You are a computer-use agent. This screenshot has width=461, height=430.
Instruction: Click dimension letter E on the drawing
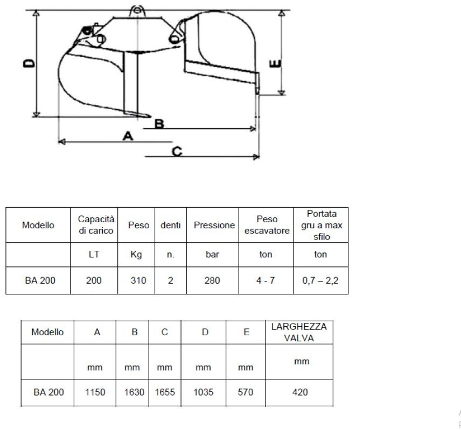tap(276, 65)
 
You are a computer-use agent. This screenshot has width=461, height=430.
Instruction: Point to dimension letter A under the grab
tap(128, 136)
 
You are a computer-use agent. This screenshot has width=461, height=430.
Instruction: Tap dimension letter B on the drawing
tap(159, 123)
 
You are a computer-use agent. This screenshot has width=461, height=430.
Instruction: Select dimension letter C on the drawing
tap(176, 151)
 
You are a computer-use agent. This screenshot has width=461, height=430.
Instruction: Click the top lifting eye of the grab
tap(136, 11)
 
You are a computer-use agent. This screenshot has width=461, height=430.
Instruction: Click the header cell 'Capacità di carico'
tap(95, 225)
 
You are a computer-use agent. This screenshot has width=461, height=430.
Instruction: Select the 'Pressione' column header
tap(214, 225)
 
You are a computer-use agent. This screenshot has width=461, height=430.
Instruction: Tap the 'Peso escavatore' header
tap(267, 225)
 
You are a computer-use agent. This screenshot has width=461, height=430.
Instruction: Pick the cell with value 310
tap(138, 280)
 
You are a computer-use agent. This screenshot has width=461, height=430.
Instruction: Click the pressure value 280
tap(213, 280)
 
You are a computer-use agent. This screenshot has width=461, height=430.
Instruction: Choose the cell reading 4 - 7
tap(266, 280)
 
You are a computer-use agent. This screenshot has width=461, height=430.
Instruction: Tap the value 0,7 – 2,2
tap(321, 280)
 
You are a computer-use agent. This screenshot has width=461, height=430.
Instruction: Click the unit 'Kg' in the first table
tap(137, 255)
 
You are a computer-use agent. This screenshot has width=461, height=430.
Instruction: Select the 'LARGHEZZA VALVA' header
tap(299, 332)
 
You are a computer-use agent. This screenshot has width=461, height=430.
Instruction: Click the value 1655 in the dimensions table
tap(165, 392)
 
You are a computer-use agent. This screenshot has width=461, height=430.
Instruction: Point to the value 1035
tap(203, 392)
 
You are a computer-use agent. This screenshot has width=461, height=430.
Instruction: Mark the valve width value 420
tap(300, 392)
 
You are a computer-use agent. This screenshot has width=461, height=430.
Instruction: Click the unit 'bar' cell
tap(213, 255)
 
